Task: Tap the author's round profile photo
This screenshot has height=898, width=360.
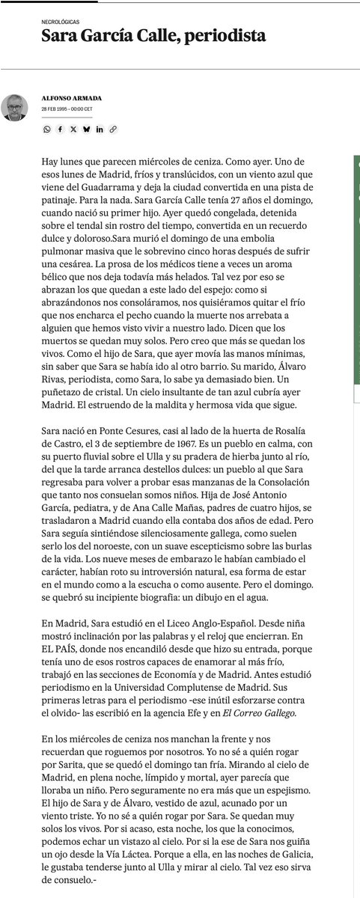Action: pyautogui.click(x=14, y=107)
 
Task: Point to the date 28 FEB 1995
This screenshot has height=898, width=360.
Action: pyautogui.click(x=55, y=109)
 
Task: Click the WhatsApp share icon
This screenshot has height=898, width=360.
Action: pyautogui.click(x=47, y=129)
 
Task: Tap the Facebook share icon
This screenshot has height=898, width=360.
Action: pyautogui.click(x=60, y=129)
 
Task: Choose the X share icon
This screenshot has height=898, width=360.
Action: pyautogui.click(x=73, y=129)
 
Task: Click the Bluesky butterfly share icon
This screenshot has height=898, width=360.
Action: pyautogui.click(x=87, y=129)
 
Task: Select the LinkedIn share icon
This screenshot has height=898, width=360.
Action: pyautogui.click(x=100, y=129)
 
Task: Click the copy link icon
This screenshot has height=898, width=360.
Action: pyautogui.click(x=114, y=129)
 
